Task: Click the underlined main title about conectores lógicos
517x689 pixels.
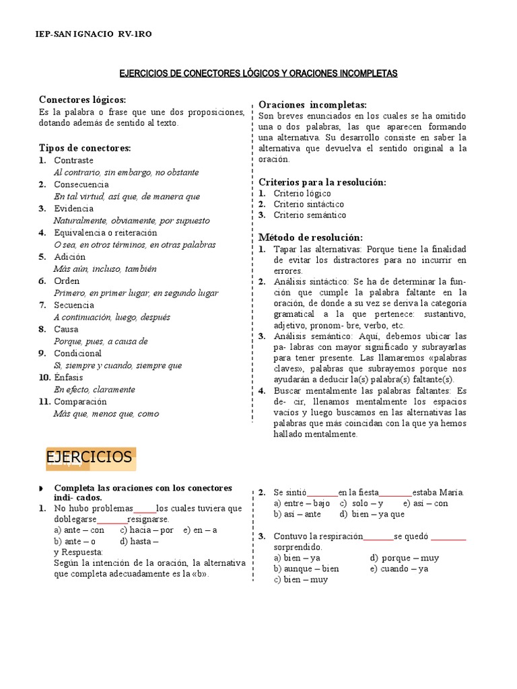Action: (258, 73)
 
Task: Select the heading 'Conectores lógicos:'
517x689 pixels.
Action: (82, 100)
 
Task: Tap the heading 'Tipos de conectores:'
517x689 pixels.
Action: (85, 148)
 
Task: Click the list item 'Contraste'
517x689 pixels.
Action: (73, 160)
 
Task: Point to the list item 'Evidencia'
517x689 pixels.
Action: (74, 209)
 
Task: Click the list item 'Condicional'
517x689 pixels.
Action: (77, 353)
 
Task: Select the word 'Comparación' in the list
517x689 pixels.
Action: (81, 402)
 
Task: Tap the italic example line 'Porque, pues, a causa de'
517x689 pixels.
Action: (100, 341)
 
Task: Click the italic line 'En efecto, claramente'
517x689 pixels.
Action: (94, 390)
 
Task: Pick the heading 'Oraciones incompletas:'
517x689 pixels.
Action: (313, 104)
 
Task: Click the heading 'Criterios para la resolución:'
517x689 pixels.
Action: (322, 182)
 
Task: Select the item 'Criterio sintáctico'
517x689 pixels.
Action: (309, 204)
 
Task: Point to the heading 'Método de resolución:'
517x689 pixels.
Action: (310, 238)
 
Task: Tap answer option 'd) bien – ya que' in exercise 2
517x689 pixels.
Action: (372, 514)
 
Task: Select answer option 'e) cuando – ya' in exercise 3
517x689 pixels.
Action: (399, 569)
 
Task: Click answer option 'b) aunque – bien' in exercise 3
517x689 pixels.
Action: (306, 569)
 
